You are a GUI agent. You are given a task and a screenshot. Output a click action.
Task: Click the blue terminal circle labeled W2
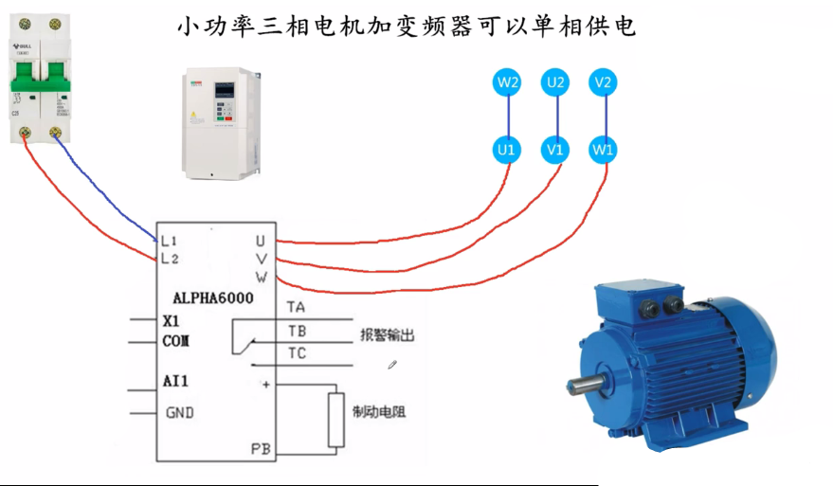coord(508,83)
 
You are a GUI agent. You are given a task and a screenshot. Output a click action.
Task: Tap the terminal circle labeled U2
coord(555,83)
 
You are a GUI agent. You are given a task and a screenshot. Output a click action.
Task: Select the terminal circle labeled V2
coord(602,83)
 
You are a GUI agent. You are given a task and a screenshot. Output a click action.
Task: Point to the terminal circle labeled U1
coord(507,149)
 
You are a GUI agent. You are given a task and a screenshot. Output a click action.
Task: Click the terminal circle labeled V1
coord(555,149)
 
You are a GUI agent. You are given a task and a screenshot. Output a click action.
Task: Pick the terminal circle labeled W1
coord(603,149)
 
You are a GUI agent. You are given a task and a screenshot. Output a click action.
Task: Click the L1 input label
coord(170,240)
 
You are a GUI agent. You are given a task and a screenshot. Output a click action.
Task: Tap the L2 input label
coord(170,258)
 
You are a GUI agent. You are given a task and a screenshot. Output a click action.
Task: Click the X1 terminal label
coord(172,320)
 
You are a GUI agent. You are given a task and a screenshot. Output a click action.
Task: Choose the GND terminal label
coord(180,413)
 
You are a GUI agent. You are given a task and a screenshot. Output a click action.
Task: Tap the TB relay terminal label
coord(297,330)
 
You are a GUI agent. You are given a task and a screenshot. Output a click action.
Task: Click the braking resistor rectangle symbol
coord(335,419)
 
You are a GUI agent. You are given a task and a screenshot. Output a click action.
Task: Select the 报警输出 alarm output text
coord(387,335)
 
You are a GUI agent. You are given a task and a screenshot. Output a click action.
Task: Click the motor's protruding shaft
coord(581,386)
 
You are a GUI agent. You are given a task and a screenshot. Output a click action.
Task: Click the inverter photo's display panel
coord(225,93)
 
